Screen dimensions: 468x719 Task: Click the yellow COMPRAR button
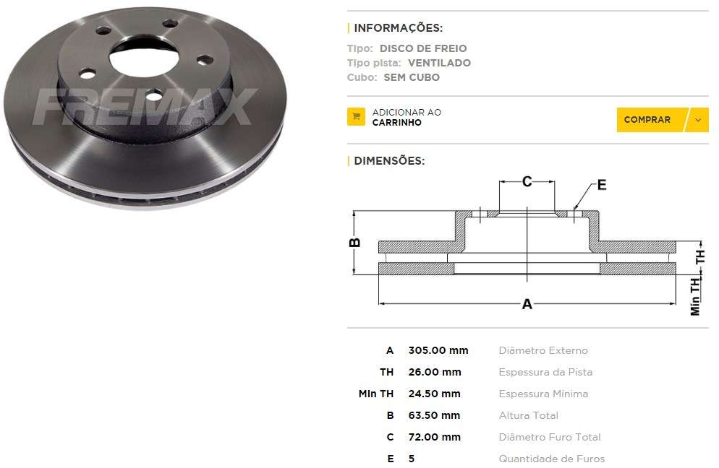[x=647, y=120]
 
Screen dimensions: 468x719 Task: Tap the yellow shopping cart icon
[x=356, y=117]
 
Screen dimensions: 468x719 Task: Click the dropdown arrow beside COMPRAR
[x=697, y=120]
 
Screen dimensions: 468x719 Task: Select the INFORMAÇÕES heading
[x=398, y=28]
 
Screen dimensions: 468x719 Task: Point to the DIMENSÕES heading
[x=389, y=160]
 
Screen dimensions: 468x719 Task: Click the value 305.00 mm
[x=438, y=350]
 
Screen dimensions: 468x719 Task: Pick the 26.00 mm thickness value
[x=435, y=372]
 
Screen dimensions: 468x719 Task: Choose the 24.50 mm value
[x=435, y=394]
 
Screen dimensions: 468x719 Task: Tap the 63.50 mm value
[x=435, y=415]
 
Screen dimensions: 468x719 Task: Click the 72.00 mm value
[x=435, y=437]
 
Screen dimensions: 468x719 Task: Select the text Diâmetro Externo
[x=543, y=350]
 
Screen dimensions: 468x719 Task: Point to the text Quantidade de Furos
[x=551, y=459]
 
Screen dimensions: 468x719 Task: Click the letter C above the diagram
[x=527, y=181]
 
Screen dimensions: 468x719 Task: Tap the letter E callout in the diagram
[x=602, y=185]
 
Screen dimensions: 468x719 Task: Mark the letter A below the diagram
[x=527, y=304]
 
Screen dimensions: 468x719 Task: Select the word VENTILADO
[x=439, y=63]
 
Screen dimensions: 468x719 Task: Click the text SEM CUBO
[x=412, y=77]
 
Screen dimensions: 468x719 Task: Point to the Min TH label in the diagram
[x=695, y=297]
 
